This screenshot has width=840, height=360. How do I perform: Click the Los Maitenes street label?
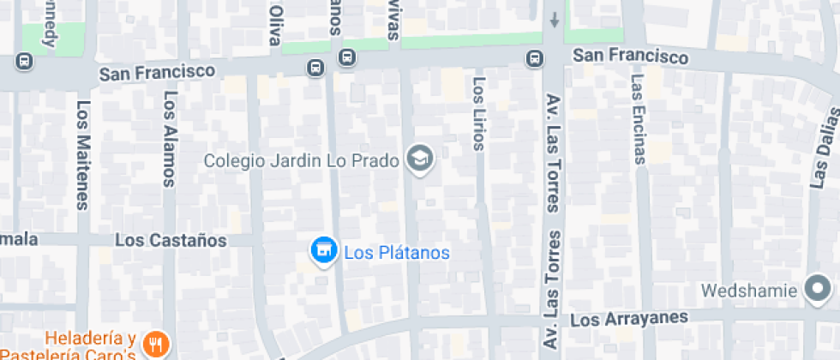click(83, 155)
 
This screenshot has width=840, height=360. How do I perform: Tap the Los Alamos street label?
click(170, 139)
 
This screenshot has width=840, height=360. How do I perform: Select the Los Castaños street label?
click(171, 240)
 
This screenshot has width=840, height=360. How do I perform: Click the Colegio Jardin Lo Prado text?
click(302, 160)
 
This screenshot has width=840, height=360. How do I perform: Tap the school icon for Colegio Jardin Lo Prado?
click(420, 159)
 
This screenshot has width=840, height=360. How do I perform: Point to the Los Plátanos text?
click(397, 253)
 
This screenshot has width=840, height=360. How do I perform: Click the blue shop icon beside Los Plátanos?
click(323, 251)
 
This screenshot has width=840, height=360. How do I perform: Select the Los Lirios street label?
click(479, 113)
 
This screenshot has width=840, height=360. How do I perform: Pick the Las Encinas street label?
click(638, 117)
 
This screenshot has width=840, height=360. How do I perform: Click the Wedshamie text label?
click(749, 291)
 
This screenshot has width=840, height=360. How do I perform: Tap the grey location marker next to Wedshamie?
click(819, 290)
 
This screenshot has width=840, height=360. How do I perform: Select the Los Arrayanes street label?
click(629, 319)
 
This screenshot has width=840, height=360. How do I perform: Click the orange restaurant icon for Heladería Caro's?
click(154, 344)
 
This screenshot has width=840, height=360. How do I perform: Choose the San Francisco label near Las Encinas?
click(630, 57)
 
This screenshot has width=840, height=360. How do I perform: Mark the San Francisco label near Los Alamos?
click(156, 73)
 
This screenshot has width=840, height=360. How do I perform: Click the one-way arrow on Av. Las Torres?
click(555, 19)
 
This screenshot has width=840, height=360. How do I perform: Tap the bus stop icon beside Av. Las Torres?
click(534, 58)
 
